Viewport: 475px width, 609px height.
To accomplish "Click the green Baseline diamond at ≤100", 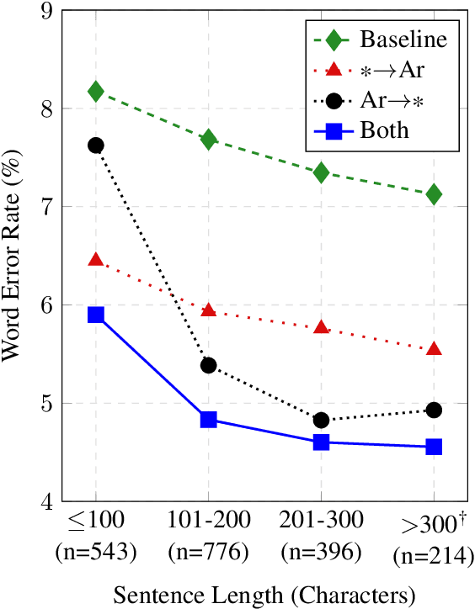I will click(x=95, y=91).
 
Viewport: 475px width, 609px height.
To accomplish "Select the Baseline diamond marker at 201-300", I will click(x=321, y=172).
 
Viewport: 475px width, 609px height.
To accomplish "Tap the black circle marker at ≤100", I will click(x=95, y=146).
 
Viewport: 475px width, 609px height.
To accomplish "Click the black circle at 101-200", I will click(x=208, y=365).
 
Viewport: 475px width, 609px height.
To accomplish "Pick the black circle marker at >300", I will click(x=434, y=410).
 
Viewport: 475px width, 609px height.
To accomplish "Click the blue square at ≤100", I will click(x=95, y=315).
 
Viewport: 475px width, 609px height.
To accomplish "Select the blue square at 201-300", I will click(x=321, y=442).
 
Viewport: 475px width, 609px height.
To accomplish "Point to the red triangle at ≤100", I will click(x=95, y=260).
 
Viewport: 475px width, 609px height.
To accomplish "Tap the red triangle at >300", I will click(x=434, y=348).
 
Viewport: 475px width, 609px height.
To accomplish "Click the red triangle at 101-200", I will click(x=208, y=310).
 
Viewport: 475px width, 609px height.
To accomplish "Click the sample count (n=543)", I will click(x=95, y=553).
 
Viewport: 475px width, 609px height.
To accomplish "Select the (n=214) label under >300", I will click(x=434, y=557).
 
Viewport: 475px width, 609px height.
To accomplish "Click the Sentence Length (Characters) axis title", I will click(x=264, y=596).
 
